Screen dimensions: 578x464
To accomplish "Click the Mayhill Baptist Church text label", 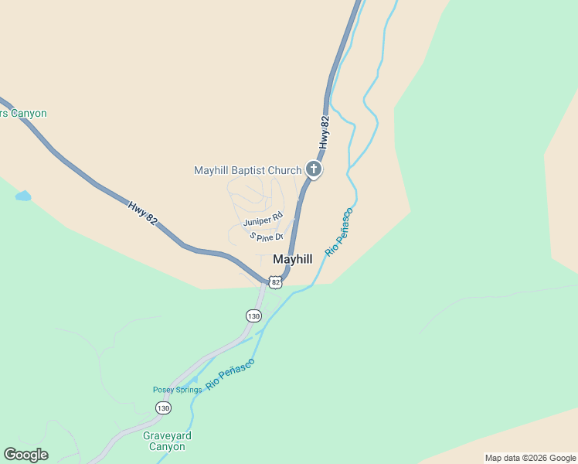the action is click(x=247, y=170).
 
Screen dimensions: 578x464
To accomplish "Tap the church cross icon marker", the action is click(x=314, y=169).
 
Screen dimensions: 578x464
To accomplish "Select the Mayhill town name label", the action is click(x=293, y=260).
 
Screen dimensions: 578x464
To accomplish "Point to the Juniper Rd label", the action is click(x=263, y=220).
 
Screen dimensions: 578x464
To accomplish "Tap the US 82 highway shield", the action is click(x=276, y=282).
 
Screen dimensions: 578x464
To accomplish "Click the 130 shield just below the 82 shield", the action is click(x=253, y=316).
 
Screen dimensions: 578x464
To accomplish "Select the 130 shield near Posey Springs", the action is click(x=162, y=408).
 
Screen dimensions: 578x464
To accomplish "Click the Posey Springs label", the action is click(x=177, y=390).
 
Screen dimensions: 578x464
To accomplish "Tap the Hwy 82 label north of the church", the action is click(x=325, y=132).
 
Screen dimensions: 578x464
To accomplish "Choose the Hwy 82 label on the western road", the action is click(x=144, y=213).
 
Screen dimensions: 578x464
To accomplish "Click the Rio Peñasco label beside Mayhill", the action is click(x=339, y=232).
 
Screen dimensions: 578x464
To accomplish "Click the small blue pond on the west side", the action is click(x=23, y=196).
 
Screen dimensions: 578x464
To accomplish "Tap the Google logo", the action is click(x=25, y=455).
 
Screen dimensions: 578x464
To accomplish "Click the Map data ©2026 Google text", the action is click(x=529, y=458).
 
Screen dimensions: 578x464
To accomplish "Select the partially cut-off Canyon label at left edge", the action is click(x=23, y=114).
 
